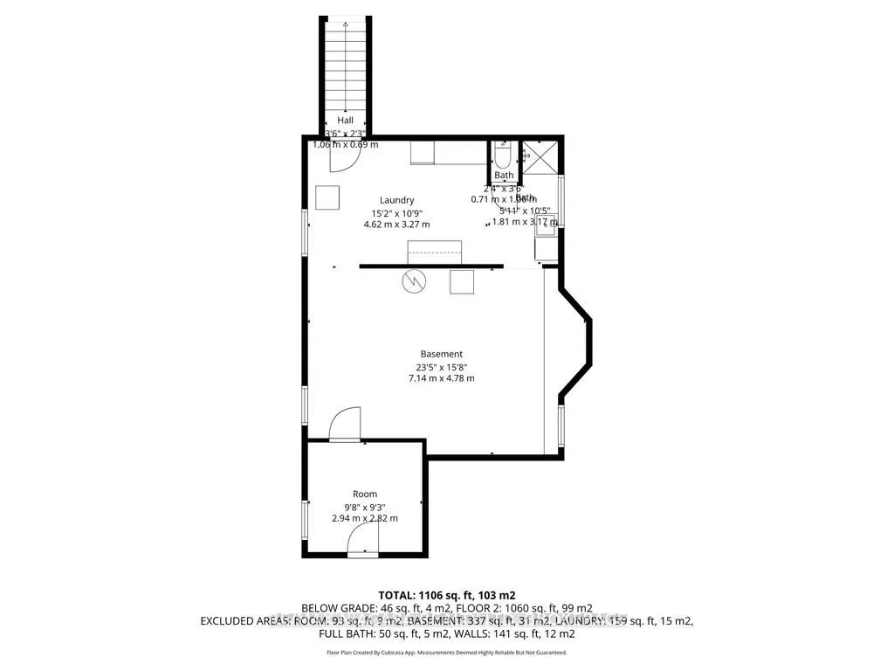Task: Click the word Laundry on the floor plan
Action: pyautogui.click(x=396, y=200)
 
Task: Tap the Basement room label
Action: pyautogui.click(x=439, y=354)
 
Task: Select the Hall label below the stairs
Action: pyautogui.click(x=345, y=121)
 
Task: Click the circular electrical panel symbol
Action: pyautogui.click(x=413, y=281)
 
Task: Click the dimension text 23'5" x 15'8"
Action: pyautogui.click(x=439, y=366)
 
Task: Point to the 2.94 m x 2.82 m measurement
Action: pyautogui.click(x=364, y=518)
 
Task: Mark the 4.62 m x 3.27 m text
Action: pyautogui.click(x=396, y=225)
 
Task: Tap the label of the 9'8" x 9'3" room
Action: pyautogui.click(x=364, y=494)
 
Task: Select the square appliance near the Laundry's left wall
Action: pyautogui.click(x=328, y=198)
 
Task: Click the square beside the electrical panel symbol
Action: pyautogui.click(x=462, y=281)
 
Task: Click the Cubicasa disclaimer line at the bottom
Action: pyautogui.click(x=446, y=652)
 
